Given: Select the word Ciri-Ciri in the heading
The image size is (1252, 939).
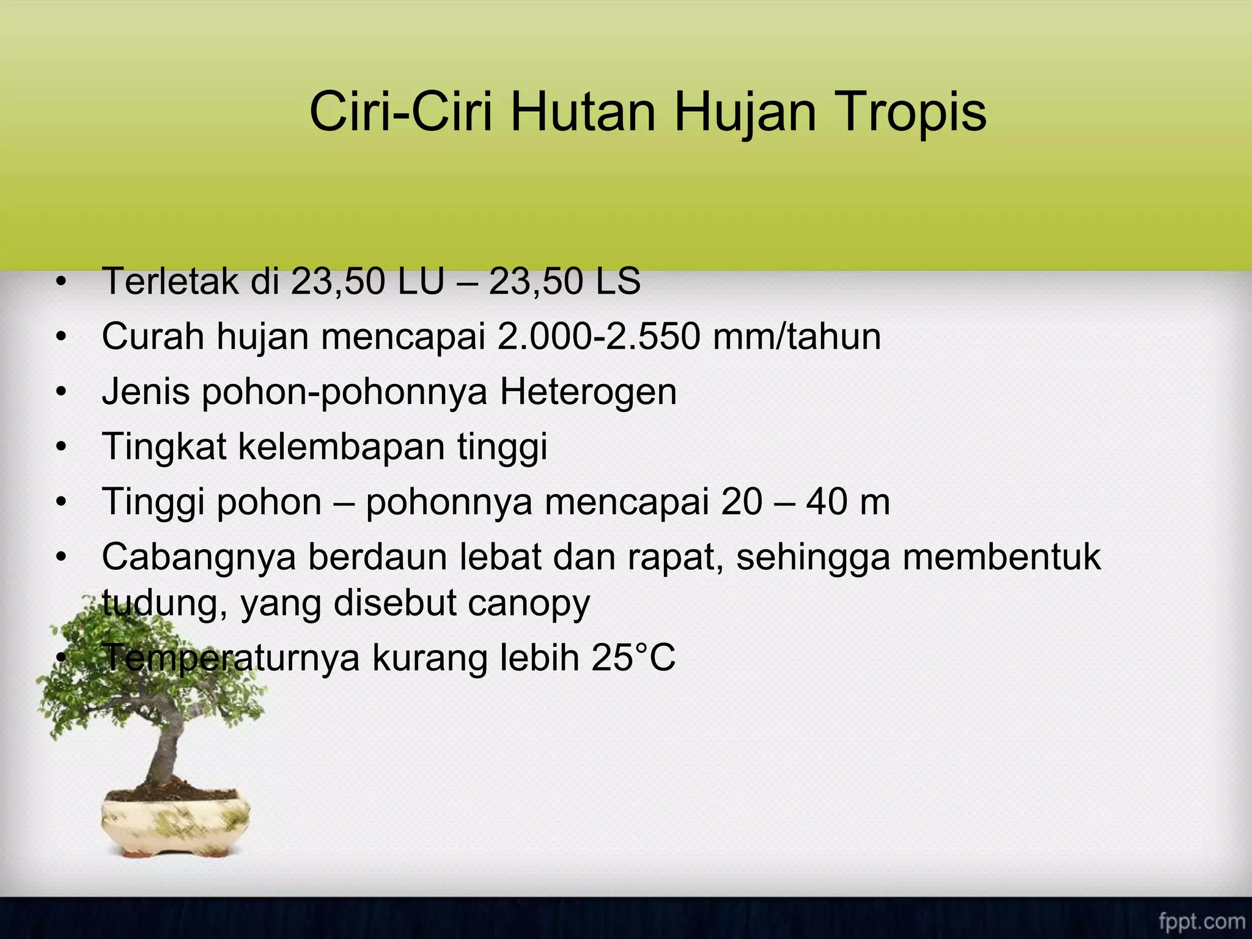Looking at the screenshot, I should pos(400,112).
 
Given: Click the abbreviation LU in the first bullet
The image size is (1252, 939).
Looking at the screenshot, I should pos(420,282).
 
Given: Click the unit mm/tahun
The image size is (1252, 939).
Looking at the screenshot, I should pos(797,337).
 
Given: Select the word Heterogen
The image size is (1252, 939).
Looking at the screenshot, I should pos(588,392).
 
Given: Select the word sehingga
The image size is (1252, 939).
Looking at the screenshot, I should pos(813,557).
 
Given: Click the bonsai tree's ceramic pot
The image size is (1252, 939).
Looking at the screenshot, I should pos(176,825).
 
